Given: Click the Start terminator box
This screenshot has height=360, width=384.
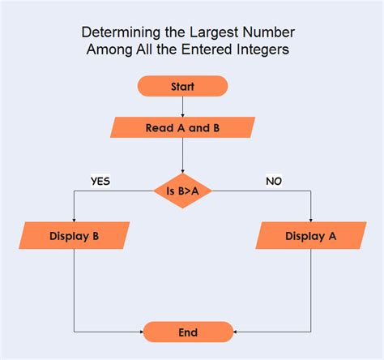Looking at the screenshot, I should tap(182, 86).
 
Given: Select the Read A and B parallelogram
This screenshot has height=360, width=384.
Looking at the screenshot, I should tap(182, 128).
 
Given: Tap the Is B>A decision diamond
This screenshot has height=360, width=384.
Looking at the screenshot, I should tap(183, 191).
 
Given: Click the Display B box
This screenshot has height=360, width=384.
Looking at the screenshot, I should tap(74, 236).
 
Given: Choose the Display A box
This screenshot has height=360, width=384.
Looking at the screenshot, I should tap(310, 236).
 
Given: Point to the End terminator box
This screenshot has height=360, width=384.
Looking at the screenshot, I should tap(188, 332).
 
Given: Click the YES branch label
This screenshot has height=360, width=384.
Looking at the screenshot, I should tap(100, 181).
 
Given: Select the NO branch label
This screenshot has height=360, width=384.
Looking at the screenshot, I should tap(274, 181).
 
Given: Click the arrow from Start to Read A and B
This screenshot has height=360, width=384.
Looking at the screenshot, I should tap(182, 105).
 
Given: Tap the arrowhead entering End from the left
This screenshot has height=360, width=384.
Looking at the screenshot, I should tap(140, 332).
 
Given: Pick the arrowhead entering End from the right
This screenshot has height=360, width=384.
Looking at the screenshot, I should tap(237, 332).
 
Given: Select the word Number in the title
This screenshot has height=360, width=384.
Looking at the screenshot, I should tap(269, 33).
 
